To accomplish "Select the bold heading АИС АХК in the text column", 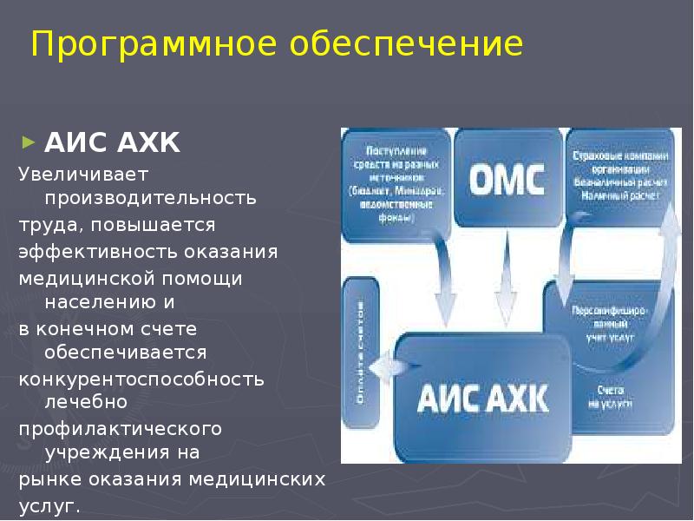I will [112, 142].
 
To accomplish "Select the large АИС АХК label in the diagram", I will [482, 398].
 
